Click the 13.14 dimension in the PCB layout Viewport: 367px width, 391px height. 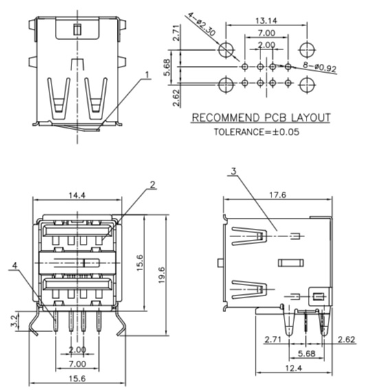click(266, 21)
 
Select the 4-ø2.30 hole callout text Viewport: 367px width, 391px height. click(201, 23)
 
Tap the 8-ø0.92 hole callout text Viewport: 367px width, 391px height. click(320, 67)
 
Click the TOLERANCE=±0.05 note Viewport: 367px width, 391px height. click(256, 132)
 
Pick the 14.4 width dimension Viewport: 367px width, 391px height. click(77, 195)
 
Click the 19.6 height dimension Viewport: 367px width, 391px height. click(162, 275)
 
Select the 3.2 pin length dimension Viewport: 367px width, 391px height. click(14, 321)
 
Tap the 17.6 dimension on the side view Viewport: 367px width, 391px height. click(278, 194)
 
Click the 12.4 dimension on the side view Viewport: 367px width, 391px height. click(293, 368)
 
